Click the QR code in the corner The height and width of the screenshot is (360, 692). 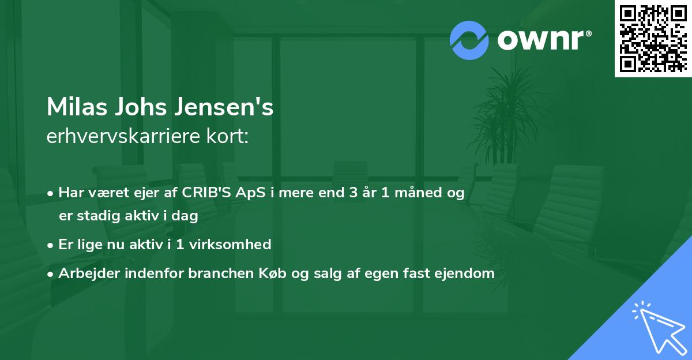click(x=653, y=38)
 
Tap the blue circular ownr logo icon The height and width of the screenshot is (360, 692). click(x=469, y=40)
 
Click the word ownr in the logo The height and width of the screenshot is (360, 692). click(x=543, y=40)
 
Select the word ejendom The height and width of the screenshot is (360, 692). click(x=468, y=273)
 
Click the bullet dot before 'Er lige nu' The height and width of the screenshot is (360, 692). click(x=51, y=245)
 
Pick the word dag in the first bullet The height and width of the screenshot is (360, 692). click(x=186, y=216)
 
